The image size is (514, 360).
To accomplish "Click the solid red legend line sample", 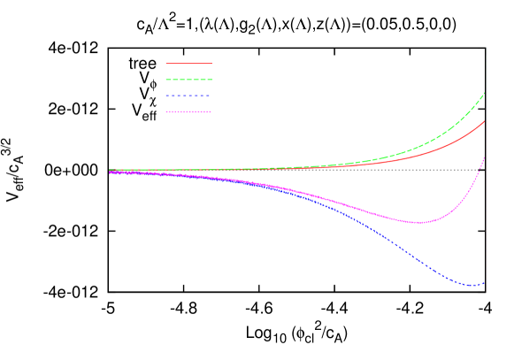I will click(188, 64).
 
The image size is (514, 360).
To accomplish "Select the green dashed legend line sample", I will click(188, 80).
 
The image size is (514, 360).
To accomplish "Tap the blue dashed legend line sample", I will click(188, 96).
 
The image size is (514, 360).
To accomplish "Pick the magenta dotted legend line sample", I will click(188, 111).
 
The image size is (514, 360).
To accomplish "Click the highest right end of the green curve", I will click(485, 92).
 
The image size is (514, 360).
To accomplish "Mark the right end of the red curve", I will click(485, 121).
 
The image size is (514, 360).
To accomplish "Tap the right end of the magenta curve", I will click(485, 156).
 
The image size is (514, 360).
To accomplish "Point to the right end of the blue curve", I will click(485, 283).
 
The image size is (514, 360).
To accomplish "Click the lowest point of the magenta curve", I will click(419, 223).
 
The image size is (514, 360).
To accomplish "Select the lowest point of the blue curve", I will click(471, 286).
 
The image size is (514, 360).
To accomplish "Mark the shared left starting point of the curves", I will click(110, 171).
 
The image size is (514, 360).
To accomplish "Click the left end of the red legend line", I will click(166, 64).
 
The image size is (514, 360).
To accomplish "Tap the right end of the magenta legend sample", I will click(211, 111).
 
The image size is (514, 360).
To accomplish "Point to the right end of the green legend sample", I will click(211, 80).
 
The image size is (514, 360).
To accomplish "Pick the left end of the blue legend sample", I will click(166, 96).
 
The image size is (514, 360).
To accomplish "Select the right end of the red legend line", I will click(211, 64).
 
